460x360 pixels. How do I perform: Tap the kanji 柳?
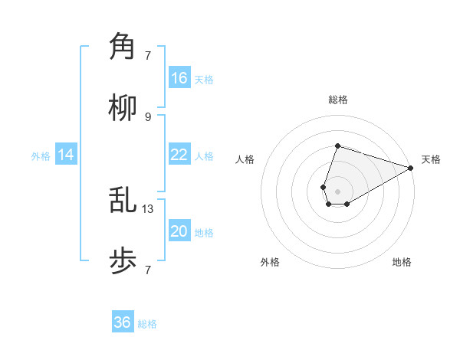(x=123, y=109)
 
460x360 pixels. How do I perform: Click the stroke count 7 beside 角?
(x=148, y=55)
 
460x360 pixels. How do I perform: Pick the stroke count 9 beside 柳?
(x=148, y=117)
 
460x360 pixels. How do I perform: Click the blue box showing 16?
(x=179, y=78)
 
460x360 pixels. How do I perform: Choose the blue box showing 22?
(x=179, y=155)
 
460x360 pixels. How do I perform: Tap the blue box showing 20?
(x=179, y=231)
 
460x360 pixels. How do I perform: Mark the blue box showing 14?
(x=66, y=155)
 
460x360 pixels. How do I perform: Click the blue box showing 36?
(x=123, y=322)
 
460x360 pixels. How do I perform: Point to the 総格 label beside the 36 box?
(x=147, y=324)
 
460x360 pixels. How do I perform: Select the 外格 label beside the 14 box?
(x=41, y=156)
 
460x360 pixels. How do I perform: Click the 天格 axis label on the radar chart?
(x=431, y=159)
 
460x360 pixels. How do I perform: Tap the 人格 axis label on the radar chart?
(x=245, y=159)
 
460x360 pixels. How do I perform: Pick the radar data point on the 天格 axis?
(x=411, y=168)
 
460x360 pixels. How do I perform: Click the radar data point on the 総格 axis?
(x=337, y=146)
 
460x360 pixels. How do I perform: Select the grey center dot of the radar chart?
(x=337, y=190)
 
